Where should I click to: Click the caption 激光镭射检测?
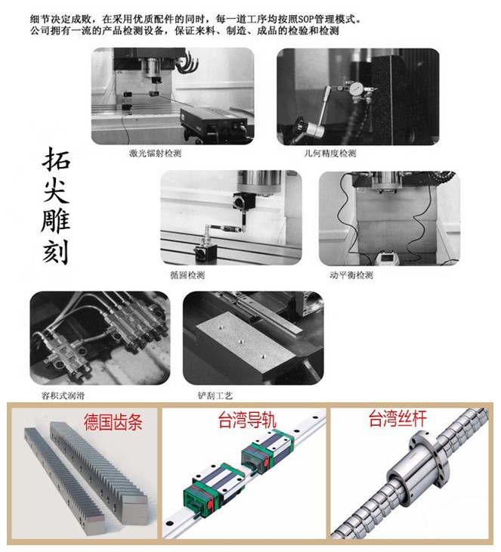tap(156, 153)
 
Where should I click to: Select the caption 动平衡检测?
tap(351, 274)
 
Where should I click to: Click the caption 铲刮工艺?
tap(214, 395)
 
